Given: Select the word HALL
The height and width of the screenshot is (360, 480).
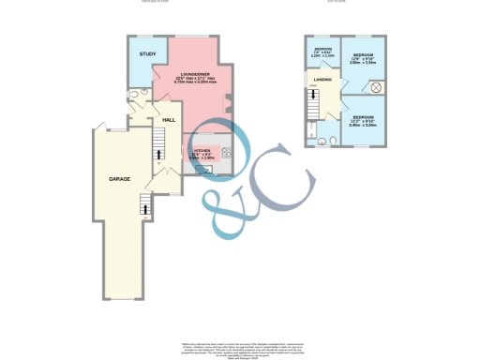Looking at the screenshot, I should pos(169,120).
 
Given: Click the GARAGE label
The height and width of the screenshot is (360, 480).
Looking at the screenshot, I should pos(119,178).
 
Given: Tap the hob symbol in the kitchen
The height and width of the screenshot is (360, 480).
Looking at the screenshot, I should pos(226,150).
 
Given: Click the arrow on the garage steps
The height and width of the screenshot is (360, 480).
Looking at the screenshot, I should pos(143,200).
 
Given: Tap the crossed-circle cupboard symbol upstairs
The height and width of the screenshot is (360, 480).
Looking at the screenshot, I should pos(375,87).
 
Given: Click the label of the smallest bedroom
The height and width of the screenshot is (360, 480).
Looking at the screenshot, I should pos(322,51).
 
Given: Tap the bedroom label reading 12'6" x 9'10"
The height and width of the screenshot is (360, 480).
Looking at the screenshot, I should pos(363,59).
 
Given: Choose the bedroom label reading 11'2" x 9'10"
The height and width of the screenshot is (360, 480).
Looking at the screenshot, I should pos(363,119).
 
